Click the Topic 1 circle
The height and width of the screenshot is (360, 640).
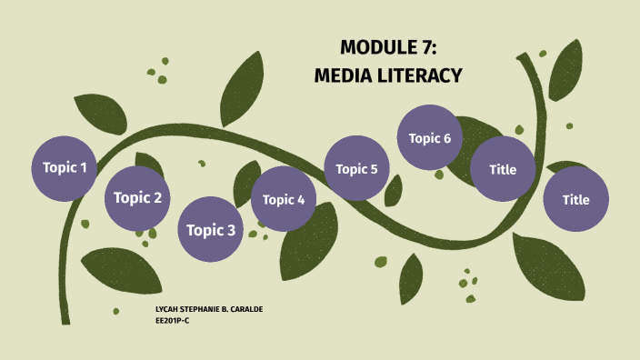click(x=65, y=168)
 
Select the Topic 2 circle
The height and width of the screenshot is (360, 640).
click(x=137, y=198)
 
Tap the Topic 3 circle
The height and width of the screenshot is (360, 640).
click(x=210, y=230)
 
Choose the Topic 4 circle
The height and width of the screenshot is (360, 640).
click(x=284, y=199)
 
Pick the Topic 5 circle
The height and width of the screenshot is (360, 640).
click(x=356, y=168)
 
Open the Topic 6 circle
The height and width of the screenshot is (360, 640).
click(x=430, y=138)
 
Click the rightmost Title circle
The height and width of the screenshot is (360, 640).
click(x=575, y=199)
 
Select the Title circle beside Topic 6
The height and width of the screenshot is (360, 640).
click(x=503, y=169)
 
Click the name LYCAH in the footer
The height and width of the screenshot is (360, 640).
click(x=169, y=311)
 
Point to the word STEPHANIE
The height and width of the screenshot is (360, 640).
click(x=205, y=311)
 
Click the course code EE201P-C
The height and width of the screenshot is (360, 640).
click(x=173, y=321)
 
